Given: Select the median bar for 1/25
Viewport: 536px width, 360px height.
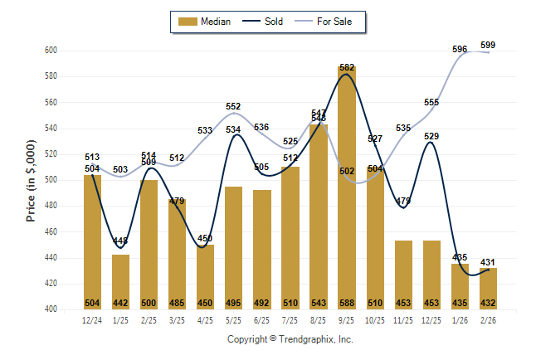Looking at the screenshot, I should (x=120, y=281).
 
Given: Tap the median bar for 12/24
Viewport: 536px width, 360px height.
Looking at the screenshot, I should (x=92, y=241).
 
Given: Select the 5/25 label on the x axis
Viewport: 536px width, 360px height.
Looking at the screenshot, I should (x=233, y=319).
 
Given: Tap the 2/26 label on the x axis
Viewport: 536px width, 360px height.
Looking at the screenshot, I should (x=488, y=319).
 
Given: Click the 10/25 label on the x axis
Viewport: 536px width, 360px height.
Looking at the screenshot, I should (x=375, y=319).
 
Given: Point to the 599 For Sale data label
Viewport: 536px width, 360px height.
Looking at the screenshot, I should (x=488, y=45).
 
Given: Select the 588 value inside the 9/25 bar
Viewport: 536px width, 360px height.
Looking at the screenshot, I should (x=347, y=302).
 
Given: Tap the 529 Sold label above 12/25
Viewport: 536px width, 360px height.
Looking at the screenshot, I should (x=431, y=136).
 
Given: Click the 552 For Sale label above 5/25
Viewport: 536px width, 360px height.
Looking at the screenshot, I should (x=233, y=106).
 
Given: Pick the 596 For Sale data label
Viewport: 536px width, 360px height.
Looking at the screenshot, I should (x=460, y=50).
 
